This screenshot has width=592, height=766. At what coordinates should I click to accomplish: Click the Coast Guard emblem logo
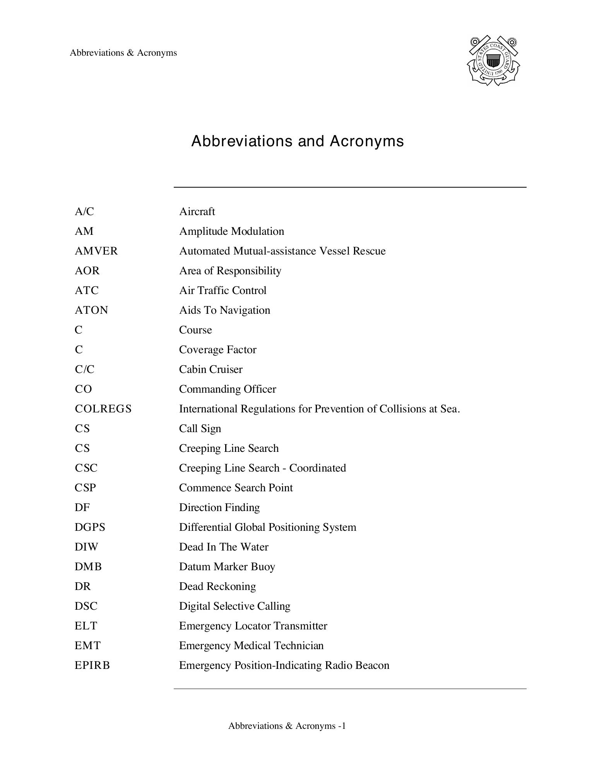(x=493, y=61)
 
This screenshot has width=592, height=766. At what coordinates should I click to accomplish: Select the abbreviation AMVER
(x=96, y=251)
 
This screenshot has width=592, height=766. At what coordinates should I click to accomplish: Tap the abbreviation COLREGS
(x=103, y=409)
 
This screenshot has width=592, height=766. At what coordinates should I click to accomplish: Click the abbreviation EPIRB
(x=92, y=665)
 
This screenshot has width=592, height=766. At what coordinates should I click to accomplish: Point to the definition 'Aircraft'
(x=197, y=212)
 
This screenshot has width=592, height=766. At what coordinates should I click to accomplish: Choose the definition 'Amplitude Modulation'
(x=231, y=231)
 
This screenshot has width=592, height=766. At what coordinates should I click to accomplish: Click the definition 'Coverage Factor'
(x=217, y=350)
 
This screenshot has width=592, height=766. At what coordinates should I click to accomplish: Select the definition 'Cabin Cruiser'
(x=210, y=369)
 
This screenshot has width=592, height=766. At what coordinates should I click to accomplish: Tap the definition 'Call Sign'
(x=200, y=429)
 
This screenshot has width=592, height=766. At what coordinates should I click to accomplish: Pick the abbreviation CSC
(x=86, y=468)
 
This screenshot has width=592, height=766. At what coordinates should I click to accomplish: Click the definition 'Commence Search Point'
(x=236, y=488)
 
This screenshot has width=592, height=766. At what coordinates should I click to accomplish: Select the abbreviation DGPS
(x=90, y=527)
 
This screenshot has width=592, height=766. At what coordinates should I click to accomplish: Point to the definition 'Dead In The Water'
(x=224, y=547)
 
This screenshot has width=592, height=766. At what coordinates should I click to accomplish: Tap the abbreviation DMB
(x=88, y=567)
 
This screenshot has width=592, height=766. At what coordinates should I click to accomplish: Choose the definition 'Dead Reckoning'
(x=217, y=586)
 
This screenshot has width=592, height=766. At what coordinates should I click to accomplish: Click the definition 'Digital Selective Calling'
(x=234, y=606)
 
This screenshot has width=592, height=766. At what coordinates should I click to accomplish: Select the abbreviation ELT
(x=86, y=626)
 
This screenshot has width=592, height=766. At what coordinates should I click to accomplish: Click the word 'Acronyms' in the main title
(x=366, y=141)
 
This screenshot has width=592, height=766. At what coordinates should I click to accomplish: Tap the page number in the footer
(x=342, y=726)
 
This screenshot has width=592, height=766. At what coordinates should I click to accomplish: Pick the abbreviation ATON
(x=91, y=310)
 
